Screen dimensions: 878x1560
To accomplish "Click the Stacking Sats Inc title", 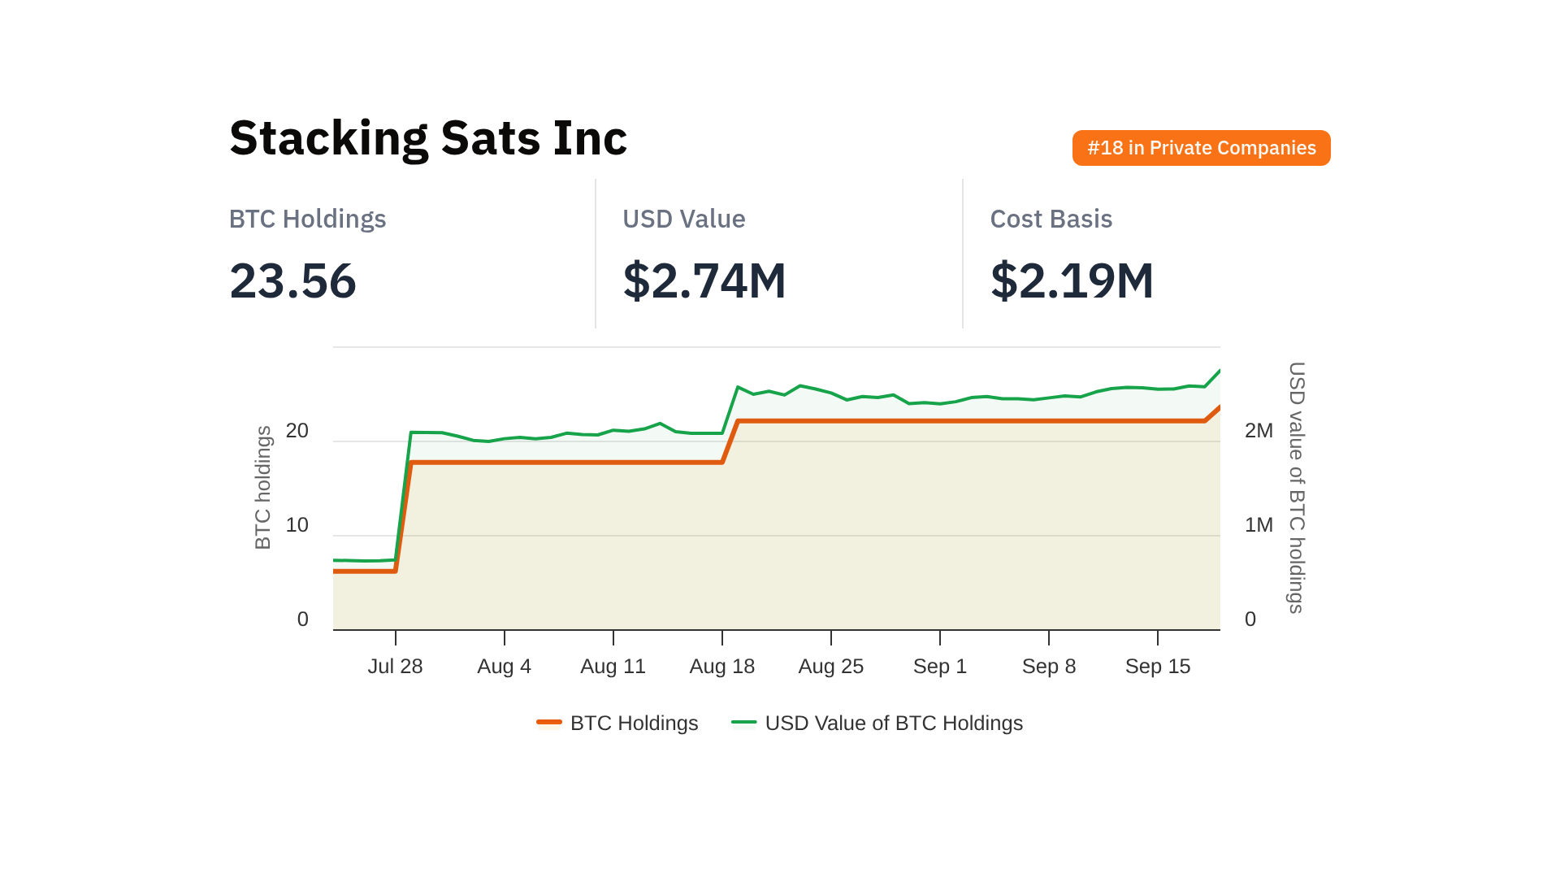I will pyautogui.click(x=428, y=138).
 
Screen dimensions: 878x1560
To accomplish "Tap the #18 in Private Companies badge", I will pyautogui.click(x=1201, y=148).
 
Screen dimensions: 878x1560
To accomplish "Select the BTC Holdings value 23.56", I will pyautogui.click(x=292, y=281).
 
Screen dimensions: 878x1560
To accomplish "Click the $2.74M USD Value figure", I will pyautogui.click(x=704, y=281).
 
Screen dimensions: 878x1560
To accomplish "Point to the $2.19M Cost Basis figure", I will pyautogui.click(x=1071, y=281).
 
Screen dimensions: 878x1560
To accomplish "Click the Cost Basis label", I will pyautogui.click(x=1051, y=219).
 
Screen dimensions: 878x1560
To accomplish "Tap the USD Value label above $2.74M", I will pyautogui.click(x=683, y=219).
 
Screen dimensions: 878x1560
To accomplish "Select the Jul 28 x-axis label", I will pyautogui.click(x=395, y=667).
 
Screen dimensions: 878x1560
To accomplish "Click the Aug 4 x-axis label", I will pyautogui.click(x=504, y=667).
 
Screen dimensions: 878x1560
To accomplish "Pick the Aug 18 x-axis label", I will pyautogui.click(x=721, y=667).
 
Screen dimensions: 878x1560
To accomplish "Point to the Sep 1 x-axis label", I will pyautogui.click(x=939, y=667).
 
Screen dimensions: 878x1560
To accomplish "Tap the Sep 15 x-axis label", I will pyautogui.click(x=1157, y=667).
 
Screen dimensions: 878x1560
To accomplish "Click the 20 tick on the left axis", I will pyautogui.click(x=297, y=431).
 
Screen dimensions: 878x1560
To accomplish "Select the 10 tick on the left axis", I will pyautogui.click(x=297, y=525).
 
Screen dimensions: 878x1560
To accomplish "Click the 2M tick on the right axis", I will pyautogui.click(x=1259, y=431).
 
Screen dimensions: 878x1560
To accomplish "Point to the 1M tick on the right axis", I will pyautogui.click(x=1259, y=525).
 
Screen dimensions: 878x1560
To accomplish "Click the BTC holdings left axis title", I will pyautogui.click(x=262, y=488).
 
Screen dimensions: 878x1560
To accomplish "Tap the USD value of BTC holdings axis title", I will pyautogui.click(x=1297, y=488).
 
